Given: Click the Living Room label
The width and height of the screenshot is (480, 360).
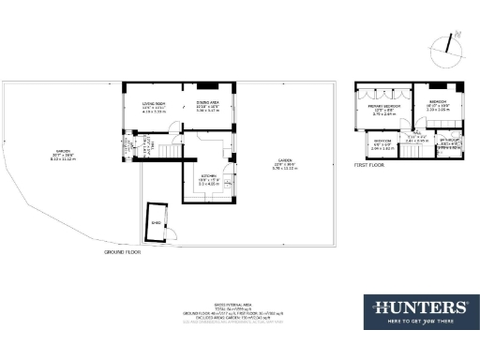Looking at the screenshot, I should click(154, 105).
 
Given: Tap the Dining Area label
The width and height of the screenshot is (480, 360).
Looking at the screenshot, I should click(208, 105).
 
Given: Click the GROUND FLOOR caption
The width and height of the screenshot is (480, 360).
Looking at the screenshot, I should click(123, 252).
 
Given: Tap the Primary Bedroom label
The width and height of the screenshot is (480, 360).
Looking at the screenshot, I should click(384, 110).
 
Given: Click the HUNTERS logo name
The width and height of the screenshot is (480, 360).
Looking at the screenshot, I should click(421, 307).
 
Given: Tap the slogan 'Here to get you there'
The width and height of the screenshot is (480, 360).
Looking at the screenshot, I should click(421, 321).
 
